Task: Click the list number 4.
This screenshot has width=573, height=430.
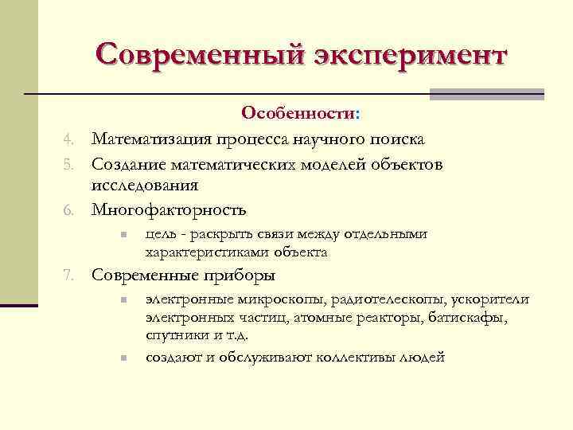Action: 69,140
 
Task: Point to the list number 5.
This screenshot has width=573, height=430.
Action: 69,165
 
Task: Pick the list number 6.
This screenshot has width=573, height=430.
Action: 69,211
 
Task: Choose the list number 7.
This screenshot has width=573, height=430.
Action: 69,277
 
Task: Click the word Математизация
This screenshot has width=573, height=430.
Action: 150,139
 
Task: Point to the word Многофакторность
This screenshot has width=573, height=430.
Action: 169,210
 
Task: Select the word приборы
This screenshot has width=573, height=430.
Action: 244,276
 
